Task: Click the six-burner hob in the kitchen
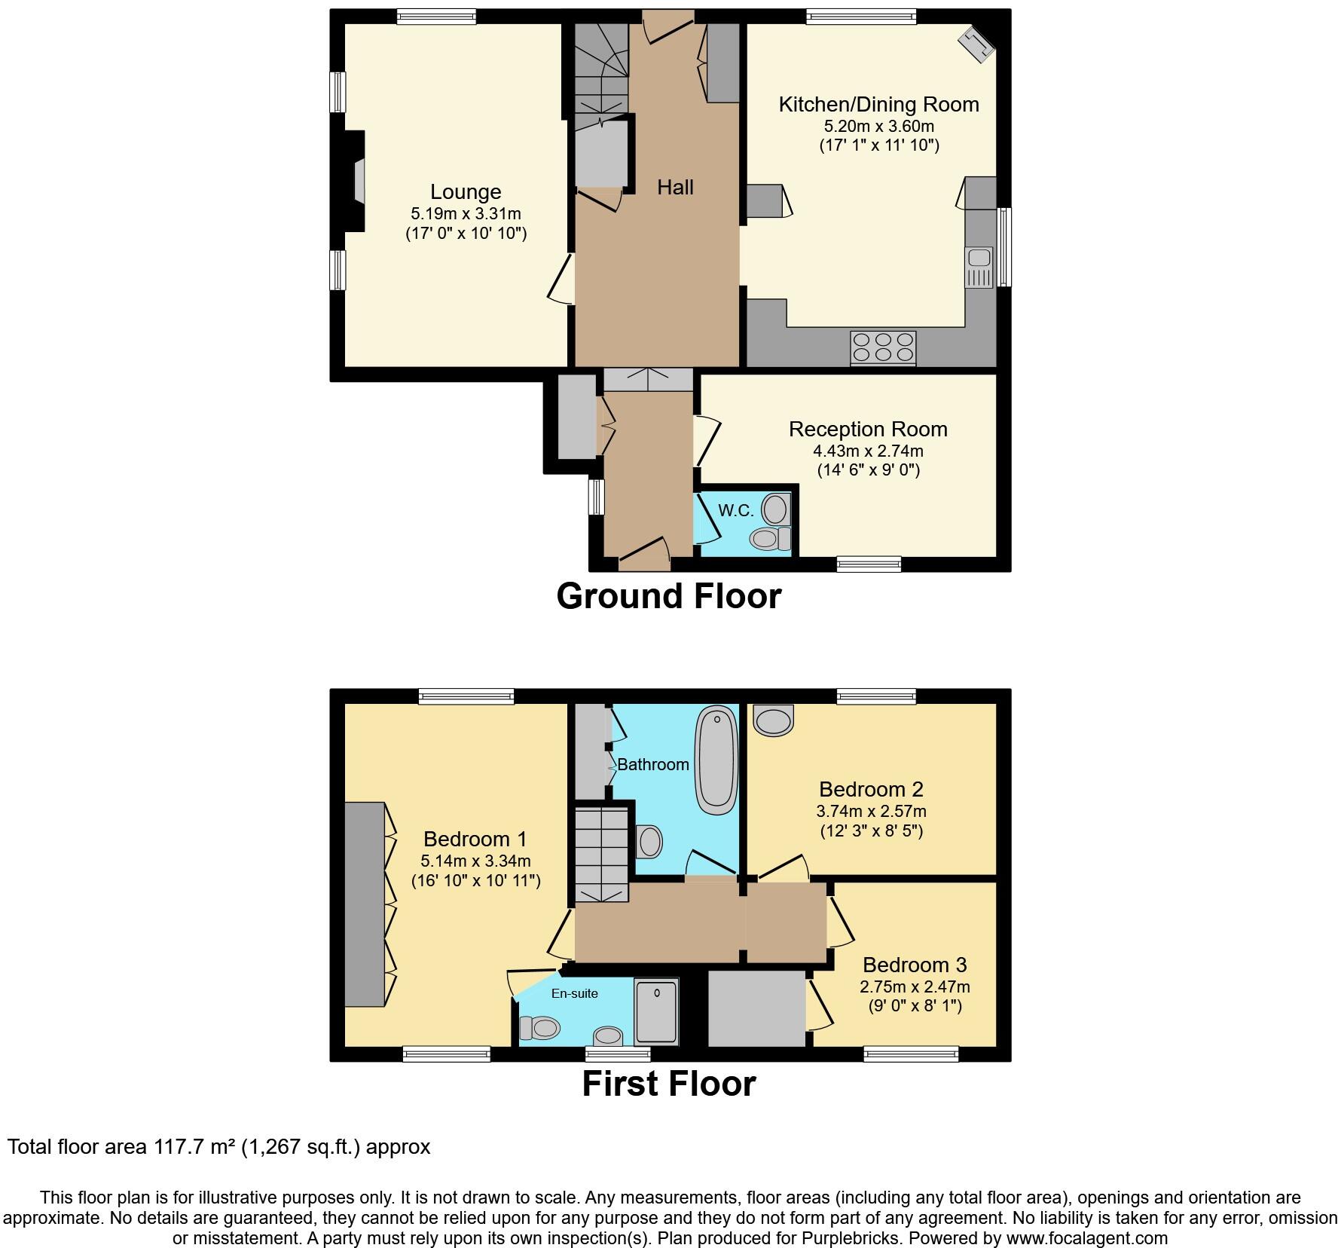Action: [883, 347]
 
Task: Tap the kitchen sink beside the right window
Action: [979, 267]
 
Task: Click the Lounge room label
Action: [466, 192]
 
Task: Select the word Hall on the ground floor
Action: [675, 188]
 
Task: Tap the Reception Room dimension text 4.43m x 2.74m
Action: [868, 451]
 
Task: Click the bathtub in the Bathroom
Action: [716, 759]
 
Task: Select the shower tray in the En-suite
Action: [656, 1011]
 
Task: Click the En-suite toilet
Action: [540, 1027]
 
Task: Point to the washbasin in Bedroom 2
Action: [774, 720]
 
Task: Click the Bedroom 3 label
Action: [915, 965]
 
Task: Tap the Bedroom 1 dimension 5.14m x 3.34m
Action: [475, 861]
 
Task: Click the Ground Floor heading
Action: [668, 596]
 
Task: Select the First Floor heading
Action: [668, 1084]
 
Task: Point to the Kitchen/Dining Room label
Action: [878, 105]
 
